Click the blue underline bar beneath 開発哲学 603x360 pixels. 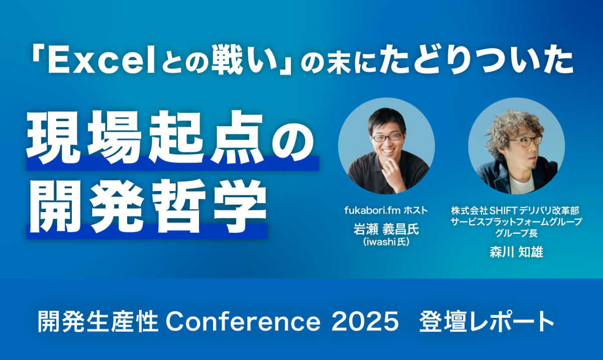point(147,232)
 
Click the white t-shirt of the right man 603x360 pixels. point(522,184)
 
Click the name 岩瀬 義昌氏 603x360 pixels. point(386,230)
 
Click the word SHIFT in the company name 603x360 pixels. point(504,210)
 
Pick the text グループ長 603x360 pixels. point(517,233)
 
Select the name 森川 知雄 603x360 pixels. point(517,252)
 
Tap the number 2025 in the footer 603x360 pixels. point(365,322)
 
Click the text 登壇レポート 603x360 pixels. point(486,321)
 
